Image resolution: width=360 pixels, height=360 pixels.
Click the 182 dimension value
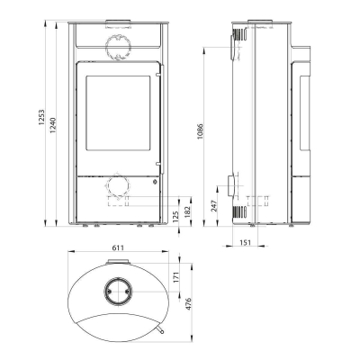click(188, 209)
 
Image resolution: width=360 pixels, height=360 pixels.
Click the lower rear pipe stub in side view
click(233, 186)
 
